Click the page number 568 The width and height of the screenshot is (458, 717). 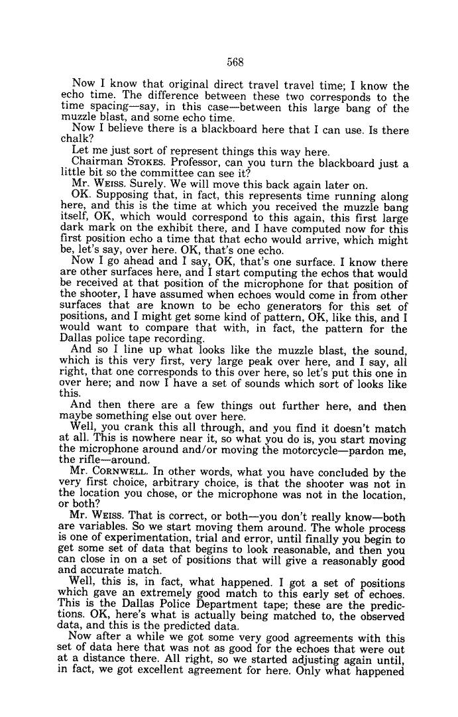[236, 62]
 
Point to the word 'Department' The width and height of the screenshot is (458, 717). [214, 606]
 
